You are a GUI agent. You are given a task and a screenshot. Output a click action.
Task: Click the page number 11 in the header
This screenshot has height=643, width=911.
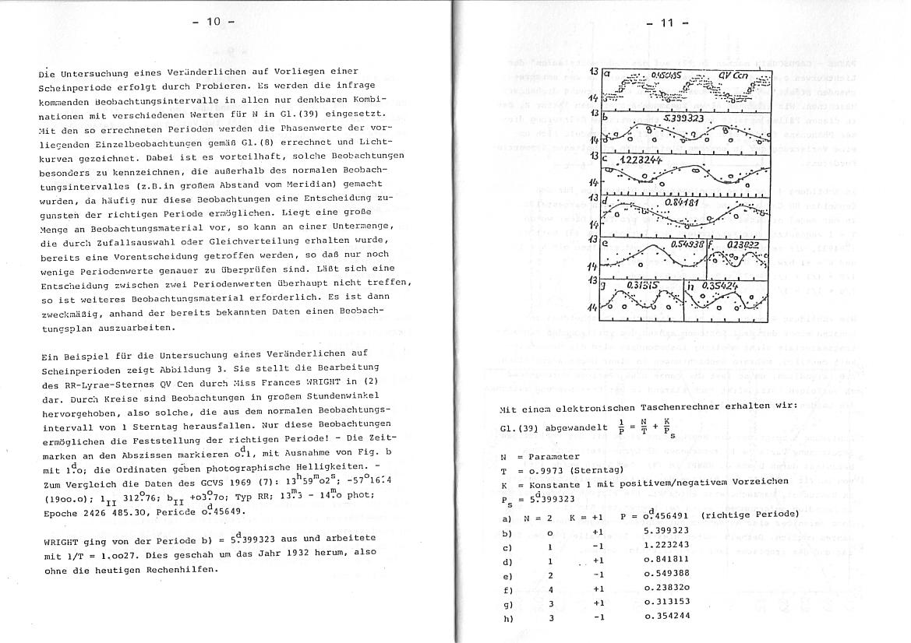(x=667, y=22)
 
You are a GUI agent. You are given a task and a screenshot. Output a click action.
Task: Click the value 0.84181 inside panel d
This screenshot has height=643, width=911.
(x=683, y=202)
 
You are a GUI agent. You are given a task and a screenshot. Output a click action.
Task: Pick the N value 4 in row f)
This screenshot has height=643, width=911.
(x=549, y=589)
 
